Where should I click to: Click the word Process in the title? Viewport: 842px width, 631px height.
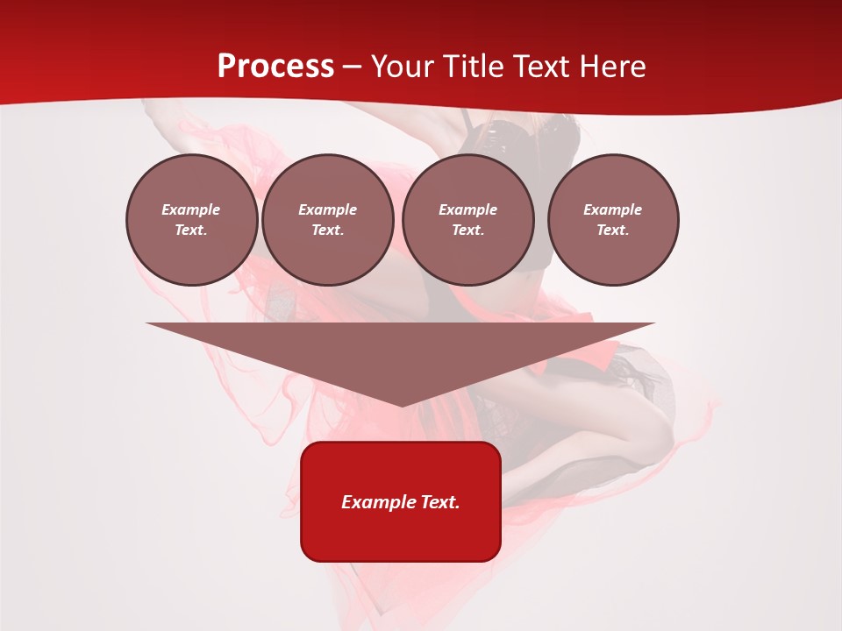pyautogui.click(x=275, y=67)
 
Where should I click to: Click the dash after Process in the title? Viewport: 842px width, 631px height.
pyautogui.click(x=353, y=67)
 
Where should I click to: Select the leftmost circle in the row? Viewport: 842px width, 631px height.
pyautogui.click(x=191, y=220)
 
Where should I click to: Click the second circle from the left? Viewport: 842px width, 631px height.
pyautogui.click(x=327, y=220)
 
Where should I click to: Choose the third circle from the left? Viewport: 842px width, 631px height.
pyautogui.click(x=467, y=220)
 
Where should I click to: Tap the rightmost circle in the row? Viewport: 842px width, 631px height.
pyautogui.click(x=613, y=220)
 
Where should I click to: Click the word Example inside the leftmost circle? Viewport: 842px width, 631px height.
pyautogui.click(x=191, y=209)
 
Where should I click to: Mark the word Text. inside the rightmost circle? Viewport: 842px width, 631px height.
pyautogui.click(x=613, y=230)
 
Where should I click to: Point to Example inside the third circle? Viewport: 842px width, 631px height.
pyautogui.click(x=467, y=209)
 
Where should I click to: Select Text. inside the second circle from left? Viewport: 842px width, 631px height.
pyautogui.click(x=327, y=230)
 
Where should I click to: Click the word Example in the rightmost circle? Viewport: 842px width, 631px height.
pyautogui.click(x=613, y=209)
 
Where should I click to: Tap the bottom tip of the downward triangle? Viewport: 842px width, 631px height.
pyautogui.click(x=401, y=404)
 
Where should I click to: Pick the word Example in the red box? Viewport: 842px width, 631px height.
pyautogui.click(x=374, y=502)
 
